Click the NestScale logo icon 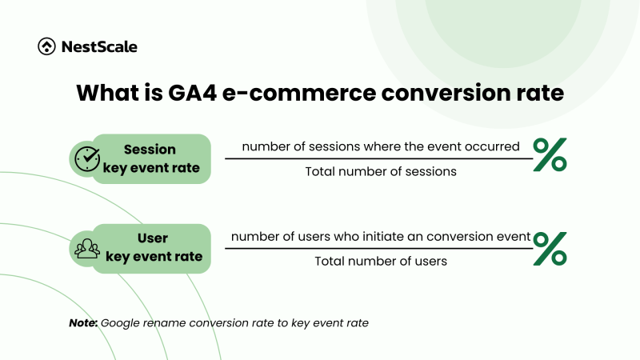coord(46,46)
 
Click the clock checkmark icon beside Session coord(86,158)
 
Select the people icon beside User coord(86,248)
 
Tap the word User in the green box coord(152,239)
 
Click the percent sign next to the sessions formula coord(550,155)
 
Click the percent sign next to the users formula coord(550,248)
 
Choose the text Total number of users coord(380,261)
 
